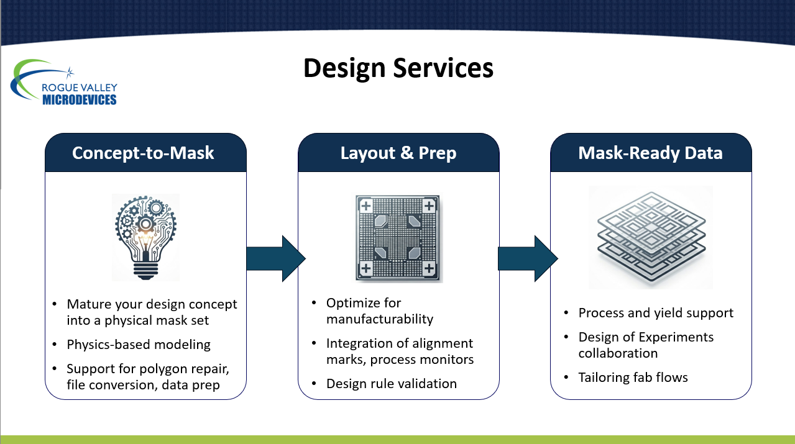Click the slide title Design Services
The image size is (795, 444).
tap(398, 68)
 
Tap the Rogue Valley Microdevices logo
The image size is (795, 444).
tap(64, 83)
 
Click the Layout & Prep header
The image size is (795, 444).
tap(398, 153)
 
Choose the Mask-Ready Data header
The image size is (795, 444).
tap(651, 153)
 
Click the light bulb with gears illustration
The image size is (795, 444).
tap(145, 237)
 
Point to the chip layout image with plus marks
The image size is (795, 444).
tap(398, 238)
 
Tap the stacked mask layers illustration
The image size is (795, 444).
tap(651, 237)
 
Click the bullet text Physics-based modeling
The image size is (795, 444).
tap(139, 345)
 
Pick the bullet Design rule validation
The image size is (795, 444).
tap(392, 384)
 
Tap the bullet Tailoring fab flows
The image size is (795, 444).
tap(633, 377)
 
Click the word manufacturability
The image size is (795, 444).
tap(380, 319)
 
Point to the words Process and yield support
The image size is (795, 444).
tap(656, 313)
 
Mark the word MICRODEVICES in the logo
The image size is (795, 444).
tap(80, 99)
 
